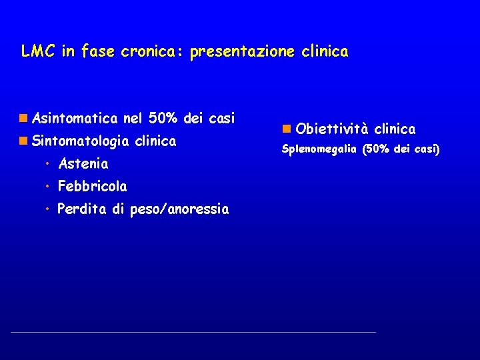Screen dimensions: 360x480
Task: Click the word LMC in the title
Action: coord(37,51)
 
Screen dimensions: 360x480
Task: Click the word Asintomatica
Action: coord(75,119)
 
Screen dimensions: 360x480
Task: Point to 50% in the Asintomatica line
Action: coord(163,119)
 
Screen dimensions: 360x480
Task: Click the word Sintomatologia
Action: coord(80,141)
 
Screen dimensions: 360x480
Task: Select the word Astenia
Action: coord(83,163)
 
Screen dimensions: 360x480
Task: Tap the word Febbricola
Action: coord(92,186)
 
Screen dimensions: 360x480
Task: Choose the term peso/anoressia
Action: coord(179,210)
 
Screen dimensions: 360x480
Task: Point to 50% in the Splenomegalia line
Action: coord(377,149)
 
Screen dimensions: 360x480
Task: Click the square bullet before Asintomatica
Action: coord(23,119)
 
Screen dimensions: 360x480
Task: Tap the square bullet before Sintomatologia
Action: coord(23,141)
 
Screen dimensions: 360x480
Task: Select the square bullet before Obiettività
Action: coord(286,128)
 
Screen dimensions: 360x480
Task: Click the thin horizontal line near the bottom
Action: coord(193,331)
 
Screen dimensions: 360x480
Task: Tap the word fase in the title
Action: coord(97,51)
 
